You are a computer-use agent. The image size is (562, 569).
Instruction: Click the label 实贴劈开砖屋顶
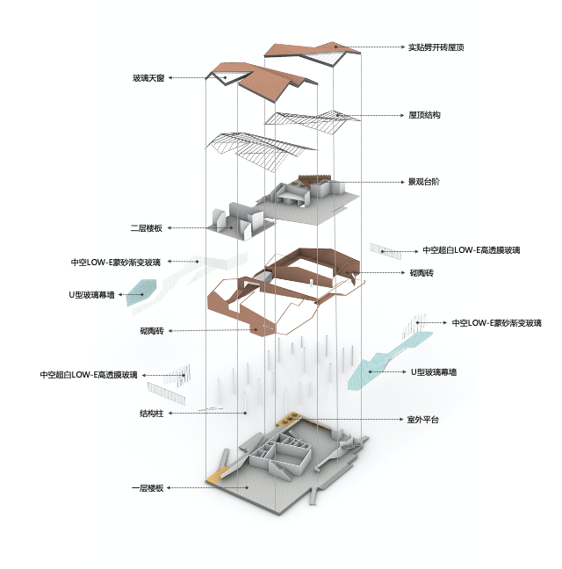436,47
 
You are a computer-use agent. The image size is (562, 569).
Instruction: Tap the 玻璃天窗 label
148,78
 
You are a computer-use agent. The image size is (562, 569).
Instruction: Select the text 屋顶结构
424,115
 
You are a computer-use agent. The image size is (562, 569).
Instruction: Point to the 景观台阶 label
424,182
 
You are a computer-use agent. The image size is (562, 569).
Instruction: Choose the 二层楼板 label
147,228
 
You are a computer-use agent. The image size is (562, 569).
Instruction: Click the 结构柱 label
152,414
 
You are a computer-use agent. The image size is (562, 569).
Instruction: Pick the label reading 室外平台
423,420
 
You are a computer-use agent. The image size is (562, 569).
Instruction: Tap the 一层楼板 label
148,488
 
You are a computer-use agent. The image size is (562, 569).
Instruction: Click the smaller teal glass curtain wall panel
141,292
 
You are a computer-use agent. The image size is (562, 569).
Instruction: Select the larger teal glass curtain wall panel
388,361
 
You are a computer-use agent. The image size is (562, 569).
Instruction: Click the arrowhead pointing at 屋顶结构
402,115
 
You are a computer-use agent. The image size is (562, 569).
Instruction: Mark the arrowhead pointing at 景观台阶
402,182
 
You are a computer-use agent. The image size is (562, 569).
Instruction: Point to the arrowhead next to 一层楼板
169,488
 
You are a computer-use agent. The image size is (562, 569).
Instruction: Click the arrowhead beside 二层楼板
169,228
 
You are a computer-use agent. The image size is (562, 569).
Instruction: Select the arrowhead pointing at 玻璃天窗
169,77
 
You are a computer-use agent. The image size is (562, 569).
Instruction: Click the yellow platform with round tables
289,419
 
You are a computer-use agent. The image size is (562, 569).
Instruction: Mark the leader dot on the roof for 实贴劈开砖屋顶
336,47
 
